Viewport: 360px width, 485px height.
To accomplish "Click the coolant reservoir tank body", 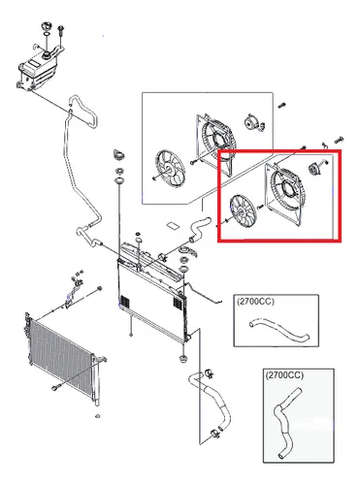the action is (38, 70).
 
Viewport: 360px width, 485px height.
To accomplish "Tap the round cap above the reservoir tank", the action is (46, 26).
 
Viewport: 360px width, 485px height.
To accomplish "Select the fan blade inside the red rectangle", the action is (243, 211).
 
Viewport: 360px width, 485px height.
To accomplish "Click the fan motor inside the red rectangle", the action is (313, 169).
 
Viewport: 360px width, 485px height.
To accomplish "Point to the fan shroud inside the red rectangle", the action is (284, 194).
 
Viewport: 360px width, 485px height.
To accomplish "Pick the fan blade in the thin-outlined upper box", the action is (170, 168).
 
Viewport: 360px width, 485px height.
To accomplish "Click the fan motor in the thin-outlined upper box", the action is (252, 123).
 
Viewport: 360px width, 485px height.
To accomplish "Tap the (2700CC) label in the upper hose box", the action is (255, 302).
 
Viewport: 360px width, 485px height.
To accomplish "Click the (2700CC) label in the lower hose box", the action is (284, 375).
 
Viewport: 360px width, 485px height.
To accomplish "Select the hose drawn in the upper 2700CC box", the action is (278, 329).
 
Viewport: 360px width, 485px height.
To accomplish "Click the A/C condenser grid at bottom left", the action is (60, 356).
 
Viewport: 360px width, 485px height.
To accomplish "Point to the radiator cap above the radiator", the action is (118, 154).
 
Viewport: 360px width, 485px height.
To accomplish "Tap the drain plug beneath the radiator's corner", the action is (182, 359).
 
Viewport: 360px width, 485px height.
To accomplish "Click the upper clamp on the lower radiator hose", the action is (210, 373).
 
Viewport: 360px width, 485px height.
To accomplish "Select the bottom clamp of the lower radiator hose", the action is (214, 434).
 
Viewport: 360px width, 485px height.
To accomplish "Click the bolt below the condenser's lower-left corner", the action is (54, 387).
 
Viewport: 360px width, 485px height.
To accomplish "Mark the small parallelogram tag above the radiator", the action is (173, 225).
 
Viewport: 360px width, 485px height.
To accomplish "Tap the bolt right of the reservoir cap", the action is (61, 31).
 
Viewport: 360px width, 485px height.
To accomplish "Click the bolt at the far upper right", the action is (339, 141).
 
